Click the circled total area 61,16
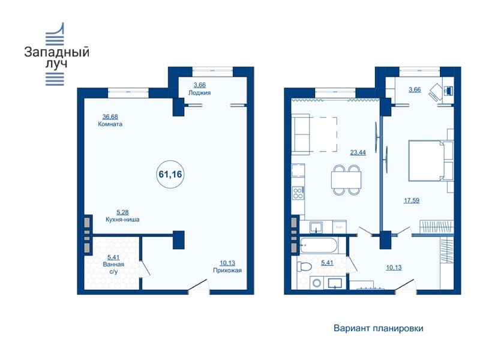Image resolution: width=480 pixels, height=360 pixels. click(170, 175)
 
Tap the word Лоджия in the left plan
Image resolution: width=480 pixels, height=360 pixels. click(199, 93)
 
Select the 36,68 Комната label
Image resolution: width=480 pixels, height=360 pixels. click(110, 121)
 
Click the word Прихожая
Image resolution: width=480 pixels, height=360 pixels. click(227, 271)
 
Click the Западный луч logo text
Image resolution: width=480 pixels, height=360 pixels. click(56, 57)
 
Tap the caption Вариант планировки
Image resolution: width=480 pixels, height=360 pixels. click(379, 328)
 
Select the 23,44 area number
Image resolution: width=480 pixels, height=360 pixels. click(358, 152)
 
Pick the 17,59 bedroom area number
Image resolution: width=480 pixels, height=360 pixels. click(412, 200)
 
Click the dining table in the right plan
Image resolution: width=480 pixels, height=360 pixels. click(346, 179)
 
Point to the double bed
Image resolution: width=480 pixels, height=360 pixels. click(427, 160)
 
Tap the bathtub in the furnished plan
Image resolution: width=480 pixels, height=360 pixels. click(319, 245)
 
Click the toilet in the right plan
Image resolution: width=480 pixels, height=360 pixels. click(304, 266)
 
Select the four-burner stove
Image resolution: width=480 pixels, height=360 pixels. click(298, 193)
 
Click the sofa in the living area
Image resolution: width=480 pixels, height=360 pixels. click(301, 134)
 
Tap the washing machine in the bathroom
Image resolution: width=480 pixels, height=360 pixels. click(317, 283)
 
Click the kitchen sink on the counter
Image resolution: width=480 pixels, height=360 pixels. click(316, 227)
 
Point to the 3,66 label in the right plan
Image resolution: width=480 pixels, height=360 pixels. click(415, 89)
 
